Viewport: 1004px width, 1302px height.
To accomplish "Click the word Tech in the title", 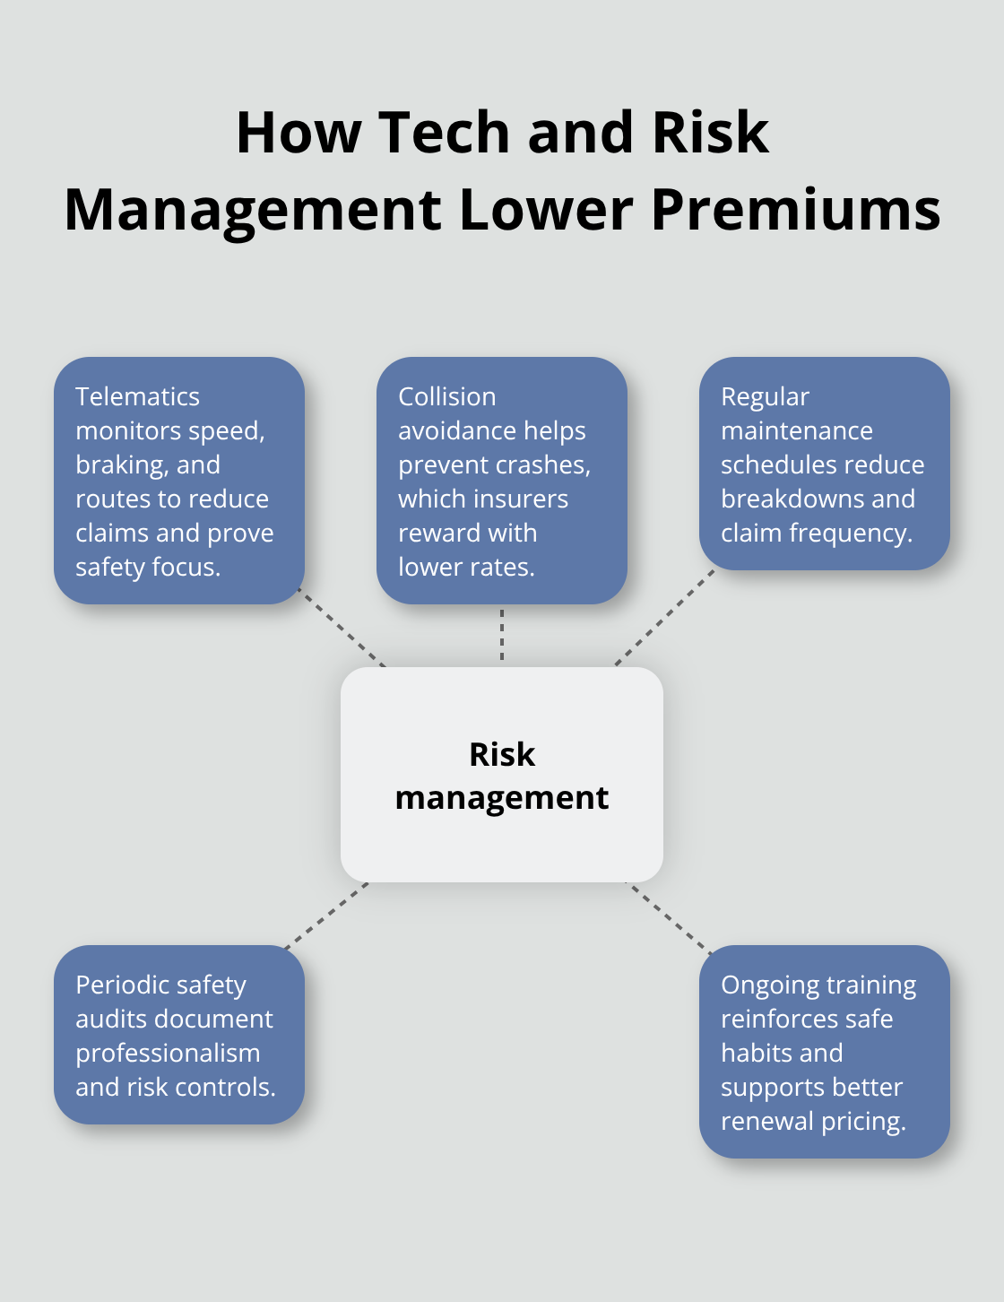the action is [x=444, y=132].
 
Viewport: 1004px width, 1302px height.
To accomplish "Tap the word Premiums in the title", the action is [x=796, y=210].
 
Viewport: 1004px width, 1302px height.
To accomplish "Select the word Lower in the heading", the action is [x=546, y=210].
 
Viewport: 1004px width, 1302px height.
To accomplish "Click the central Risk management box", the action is [x=502, y=774].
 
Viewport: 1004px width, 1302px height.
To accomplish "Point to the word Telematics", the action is [x=138, y=396].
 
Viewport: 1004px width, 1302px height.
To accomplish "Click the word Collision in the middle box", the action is [x=447, y=396].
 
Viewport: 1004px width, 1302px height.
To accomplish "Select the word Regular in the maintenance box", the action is [x=766, y=397].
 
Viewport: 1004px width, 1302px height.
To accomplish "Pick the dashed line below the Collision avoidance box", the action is [x=502, y=635].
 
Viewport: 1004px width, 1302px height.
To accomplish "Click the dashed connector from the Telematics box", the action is [x=342, y=628].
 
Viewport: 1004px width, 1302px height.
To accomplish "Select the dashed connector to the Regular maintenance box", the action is [x=664, y=618].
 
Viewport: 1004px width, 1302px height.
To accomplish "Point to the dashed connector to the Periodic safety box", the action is [x=326, y=916].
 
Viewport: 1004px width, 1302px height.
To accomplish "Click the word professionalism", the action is [x=168, y=1054].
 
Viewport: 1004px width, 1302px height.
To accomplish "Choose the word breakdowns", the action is [x=792, y=499].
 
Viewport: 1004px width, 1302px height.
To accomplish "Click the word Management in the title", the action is [x=253, y=211].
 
